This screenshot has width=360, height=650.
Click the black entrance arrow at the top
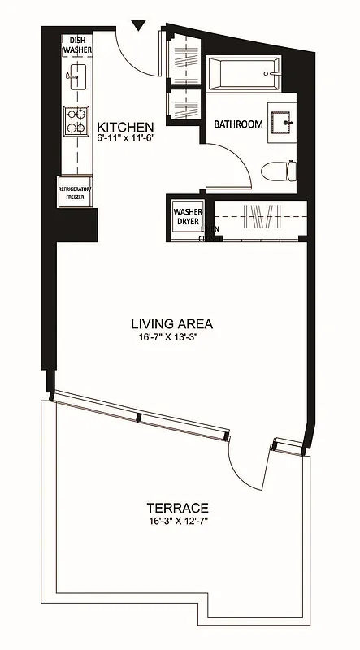point(139,25)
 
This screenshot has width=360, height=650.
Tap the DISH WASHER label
point(77,45)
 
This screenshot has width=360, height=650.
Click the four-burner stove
point(76,120)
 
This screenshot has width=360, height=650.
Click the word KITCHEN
point(125,128)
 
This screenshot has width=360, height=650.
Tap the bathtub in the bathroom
point(243,74)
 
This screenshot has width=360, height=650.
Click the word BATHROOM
point(238,124)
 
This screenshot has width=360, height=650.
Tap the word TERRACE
point(178,506)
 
